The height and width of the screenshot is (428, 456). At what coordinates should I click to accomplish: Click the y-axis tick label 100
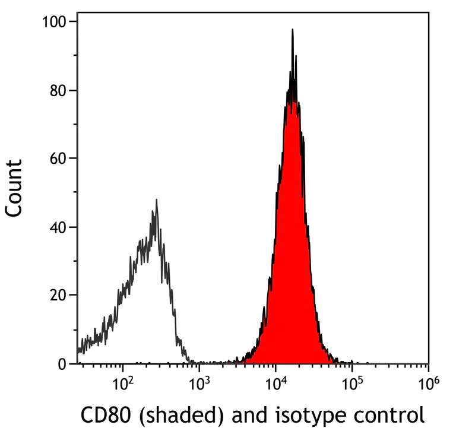(54, 22)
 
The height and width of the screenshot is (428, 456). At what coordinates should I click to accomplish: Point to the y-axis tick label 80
(58, 90)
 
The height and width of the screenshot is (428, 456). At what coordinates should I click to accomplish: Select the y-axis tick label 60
(58, 158)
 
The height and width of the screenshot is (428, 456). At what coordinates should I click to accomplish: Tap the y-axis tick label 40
(58, 227)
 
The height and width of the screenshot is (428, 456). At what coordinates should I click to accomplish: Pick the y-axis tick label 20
(58, 295)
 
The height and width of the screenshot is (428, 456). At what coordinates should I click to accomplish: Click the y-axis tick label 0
(62, 364)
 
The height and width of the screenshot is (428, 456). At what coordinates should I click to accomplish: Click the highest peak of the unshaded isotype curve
(156, 200)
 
